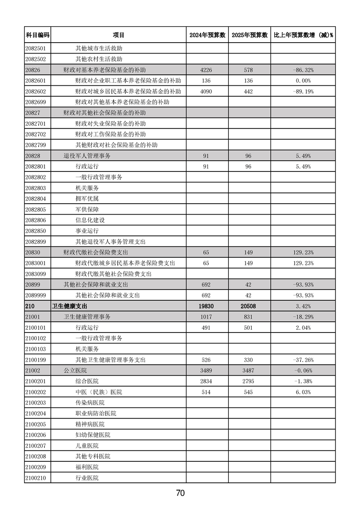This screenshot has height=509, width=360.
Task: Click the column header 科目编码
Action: coord(37,35)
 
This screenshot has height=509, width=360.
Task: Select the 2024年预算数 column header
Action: coord(207,35)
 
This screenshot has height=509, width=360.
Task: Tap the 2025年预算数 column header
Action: coord(249,35)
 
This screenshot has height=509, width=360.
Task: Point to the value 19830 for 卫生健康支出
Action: coord(207,306)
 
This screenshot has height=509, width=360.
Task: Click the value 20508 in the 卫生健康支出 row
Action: coord(249,306)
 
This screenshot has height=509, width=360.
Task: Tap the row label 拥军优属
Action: coord(87,199)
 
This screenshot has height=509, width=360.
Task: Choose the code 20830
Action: coord(34,252)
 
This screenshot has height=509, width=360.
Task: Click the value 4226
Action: coord(207,70)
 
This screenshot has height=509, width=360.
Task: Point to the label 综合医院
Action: coord(87,381)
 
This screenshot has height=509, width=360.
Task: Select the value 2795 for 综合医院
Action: coord(249,381)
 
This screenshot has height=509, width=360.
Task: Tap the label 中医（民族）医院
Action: coord(99,392)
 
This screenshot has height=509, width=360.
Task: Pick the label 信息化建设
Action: coord(90,220)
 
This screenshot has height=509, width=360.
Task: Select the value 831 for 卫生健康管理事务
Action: coord(249,317)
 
